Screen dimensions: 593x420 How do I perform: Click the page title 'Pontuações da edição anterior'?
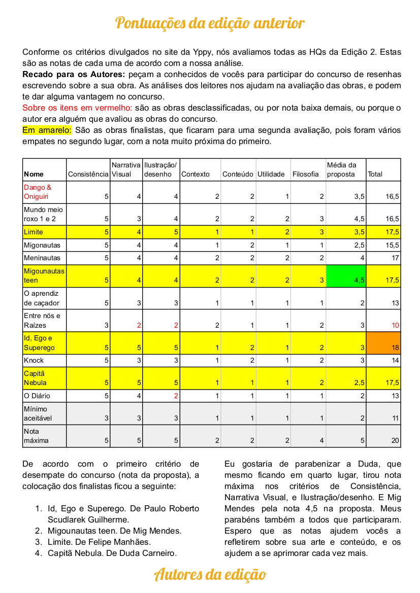pyautogui.click(x=210, y=23)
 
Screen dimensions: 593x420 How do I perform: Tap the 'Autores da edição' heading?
pyautogui.click(x=210, y=575)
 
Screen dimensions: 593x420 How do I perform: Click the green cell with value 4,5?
pyautogui.click(x=346, y=276)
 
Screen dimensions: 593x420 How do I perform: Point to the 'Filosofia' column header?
pyautogui.click(x=306, y=174)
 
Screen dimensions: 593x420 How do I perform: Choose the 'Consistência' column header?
pyautogui.click(x=88, y=174)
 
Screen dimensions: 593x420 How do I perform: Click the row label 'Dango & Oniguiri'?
pyautogui.click(x=38, y=192)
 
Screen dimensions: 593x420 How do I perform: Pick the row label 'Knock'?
pyautogui.click(x=34, y=360)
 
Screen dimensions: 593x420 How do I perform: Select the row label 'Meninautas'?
pyautogui.click(x=42, y=258)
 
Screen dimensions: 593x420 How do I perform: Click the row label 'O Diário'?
pyautogui.click(x=37, y=396)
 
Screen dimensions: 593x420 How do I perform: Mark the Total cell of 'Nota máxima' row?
pyautogui.click(x=384, y=436)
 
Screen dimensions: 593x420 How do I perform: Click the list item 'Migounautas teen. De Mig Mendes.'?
pyautogui.click(x=114, y=531)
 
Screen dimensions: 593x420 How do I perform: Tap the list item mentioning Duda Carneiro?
pyautogui.click(x=112, y=553)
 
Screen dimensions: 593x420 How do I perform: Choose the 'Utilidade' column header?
pyautogui.click(x=271, y=174)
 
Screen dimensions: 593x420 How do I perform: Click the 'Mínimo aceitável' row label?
pyautogui.click(x=38, y=413)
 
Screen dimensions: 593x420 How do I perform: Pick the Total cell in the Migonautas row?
pyautogui.click(x=384, y=245)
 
